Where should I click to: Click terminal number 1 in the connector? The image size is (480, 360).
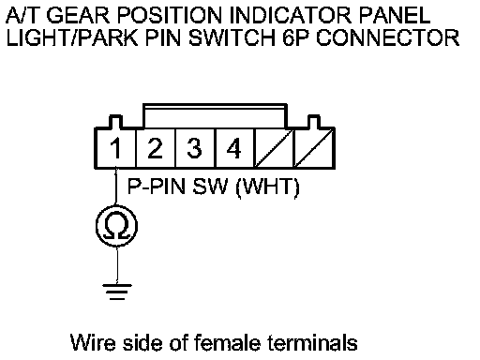pos(116,148)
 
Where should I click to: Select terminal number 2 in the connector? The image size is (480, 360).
pos(155,148)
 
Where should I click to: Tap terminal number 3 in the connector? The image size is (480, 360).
pos(194,148)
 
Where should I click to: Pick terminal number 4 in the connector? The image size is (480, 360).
pos(233,148)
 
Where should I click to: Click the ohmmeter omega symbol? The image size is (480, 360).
pos(116,226)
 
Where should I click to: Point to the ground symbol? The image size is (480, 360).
pos(117,292)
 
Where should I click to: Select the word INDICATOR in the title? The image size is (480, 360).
pos(293,15)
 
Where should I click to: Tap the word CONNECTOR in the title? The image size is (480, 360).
pos(388,37)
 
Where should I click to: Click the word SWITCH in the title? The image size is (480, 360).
pos(232,37)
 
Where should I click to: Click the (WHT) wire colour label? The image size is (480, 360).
pos(268,187)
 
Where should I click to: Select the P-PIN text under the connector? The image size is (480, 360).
pos(157,187)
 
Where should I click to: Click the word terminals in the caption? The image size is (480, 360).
pos(312,342)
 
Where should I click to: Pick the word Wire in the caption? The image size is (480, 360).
pos(93,342)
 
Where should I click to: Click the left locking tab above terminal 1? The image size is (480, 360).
pos(115,122)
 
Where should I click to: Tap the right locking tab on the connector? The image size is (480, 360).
pos(314,122)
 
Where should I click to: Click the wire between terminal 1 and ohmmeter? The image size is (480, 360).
pos(116,187)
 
